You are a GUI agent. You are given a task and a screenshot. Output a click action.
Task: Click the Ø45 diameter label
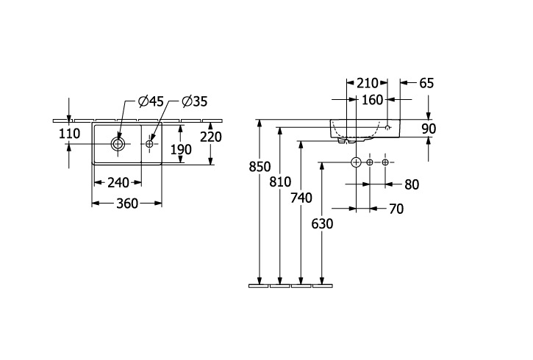[151, 101]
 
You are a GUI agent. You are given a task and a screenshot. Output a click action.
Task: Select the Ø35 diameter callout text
[194, 101]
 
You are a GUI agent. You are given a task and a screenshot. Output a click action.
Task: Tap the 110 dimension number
[70, 134]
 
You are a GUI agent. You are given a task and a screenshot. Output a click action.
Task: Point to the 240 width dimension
[118, 183]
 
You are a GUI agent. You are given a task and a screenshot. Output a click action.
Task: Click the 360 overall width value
[127, 204]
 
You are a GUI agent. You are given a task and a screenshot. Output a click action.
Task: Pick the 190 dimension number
[181, 149]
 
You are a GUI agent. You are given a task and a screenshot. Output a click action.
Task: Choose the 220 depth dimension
[211, 137]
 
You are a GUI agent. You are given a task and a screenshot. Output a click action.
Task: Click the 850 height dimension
[260, 167]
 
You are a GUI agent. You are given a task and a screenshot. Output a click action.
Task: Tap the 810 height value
[280, 182]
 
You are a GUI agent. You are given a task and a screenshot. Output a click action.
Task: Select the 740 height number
[301, 198]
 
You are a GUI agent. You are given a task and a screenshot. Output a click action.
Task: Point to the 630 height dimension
[322, 224]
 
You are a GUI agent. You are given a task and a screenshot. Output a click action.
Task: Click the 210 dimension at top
[368, 83]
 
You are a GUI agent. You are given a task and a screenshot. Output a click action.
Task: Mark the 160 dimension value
[372, 100]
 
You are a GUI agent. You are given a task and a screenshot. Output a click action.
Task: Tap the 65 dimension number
[426, 83]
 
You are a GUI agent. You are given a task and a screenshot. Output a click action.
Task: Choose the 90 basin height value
[429, 129]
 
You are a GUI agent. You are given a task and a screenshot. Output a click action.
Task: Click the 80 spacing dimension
[412, 184]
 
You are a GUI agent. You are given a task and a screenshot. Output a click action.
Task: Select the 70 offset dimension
[396, 209]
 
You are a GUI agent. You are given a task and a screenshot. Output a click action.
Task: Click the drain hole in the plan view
[118, 144]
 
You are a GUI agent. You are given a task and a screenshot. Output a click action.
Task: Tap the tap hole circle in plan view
[149, 144]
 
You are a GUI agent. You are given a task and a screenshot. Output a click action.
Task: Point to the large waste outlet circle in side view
[356, 162]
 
